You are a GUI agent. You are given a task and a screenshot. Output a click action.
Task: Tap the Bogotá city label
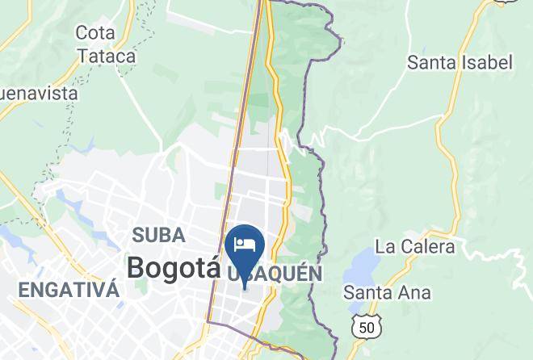click(173, 266)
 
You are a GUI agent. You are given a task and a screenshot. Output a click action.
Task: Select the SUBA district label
click(159, 235)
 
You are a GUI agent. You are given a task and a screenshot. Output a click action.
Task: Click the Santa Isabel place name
click(460, 62)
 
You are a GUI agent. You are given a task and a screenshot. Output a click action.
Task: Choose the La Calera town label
click(415, 246)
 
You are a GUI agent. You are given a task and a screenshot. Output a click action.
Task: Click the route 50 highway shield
click(367, 326)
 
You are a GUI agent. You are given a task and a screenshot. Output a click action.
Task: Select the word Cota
click(95, 33)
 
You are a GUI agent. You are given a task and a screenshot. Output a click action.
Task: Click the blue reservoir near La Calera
click(362, 266)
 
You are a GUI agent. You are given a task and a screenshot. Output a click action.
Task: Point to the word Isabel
click(488, 62)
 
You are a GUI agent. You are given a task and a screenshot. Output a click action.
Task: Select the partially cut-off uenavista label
click(39, 94)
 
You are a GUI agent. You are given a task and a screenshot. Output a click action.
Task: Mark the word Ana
click(414, 292)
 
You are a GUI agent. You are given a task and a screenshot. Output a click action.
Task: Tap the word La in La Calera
click(385, 246)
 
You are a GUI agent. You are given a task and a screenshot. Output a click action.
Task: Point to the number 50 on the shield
click(367, 327)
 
